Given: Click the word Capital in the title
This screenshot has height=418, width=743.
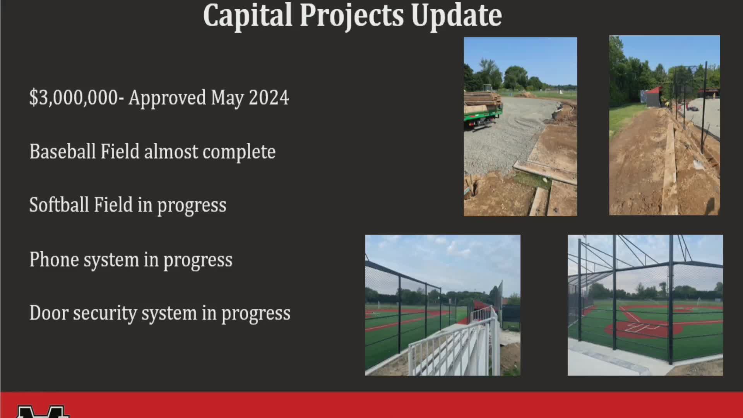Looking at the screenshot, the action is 247,15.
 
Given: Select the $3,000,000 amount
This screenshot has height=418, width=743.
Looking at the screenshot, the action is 74,98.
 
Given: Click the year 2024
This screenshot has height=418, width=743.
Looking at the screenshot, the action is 269,97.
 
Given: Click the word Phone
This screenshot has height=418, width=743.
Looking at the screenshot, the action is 54,259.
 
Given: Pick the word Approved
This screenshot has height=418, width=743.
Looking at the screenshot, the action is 167,98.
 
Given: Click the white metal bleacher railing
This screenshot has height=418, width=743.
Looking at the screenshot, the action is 457,341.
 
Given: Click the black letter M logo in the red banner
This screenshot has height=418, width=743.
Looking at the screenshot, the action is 43,412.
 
